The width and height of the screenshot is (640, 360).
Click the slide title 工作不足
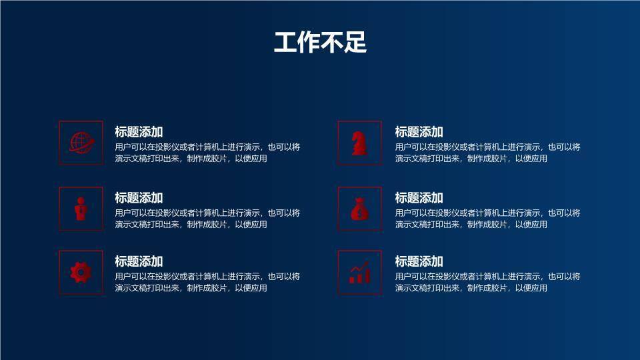tap(320, 43)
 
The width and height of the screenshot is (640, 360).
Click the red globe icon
tap(81, 142)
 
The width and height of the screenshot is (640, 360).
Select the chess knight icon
tap(359, 142)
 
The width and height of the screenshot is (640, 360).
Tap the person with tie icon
tap(81, 209)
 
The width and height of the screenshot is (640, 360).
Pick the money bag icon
tap(359, 209)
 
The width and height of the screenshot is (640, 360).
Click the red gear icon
tap(81, 272)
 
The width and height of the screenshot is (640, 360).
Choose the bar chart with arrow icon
tap(359, 272)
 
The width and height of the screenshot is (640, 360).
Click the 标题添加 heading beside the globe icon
tap(139, 132)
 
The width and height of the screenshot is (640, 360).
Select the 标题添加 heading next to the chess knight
tap(419, 132)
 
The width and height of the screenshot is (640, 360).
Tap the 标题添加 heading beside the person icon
tap(139, 198)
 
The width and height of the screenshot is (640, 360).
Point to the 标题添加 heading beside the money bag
tap(419, 198)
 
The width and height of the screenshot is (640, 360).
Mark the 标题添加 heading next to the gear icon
tap(139, 261)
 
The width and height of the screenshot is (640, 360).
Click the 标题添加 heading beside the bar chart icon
tap(419, 261)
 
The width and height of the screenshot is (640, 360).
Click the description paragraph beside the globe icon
tap(207, 153)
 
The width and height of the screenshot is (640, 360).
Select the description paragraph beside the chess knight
tap(487, 153)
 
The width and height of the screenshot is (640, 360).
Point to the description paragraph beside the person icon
tap(207, 219)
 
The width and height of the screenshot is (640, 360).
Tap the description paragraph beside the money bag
tap(487, 219)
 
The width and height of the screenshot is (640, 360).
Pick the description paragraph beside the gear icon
tap(207, 282)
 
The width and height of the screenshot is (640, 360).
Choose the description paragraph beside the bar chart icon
tap(487, 282)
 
